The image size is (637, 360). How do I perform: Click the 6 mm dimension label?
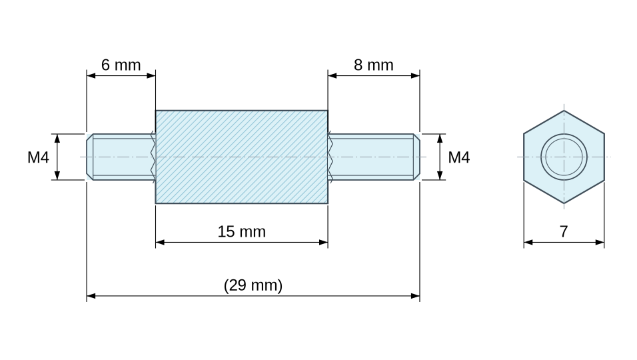pos(121,65)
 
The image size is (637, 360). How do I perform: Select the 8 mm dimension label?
pos(373,65)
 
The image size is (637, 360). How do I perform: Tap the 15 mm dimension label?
pos(242,231)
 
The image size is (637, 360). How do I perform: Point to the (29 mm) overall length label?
pos(253,285)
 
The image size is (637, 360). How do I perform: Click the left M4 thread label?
pos(38,157)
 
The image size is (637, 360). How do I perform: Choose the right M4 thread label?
pos(458,157)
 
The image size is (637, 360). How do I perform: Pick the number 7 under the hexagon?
pos(564,231)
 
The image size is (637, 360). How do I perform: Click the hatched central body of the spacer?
pos(242,157)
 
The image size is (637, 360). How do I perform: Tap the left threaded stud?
pos(121,157)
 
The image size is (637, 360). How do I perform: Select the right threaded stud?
pos(374,157)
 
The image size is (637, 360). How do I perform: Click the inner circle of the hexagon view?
pos(564,157)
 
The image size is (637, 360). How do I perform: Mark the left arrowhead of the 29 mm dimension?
pos(91,296)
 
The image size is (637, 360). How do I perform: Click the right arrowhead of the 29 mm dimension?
pos(415,296)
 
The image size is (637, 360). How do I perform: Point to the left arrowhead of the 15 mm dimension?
pos(160,242)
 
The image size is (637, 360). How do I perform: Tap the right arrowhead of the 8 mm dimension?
pos(415,75)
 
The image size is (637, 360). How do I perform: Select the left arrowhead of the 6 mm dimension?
pos(91,75)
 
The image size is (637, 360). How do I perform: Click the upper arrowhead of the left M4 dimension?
pos(57,139)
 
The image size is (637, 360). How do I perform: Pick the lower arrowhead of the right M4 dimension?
pos(440,175)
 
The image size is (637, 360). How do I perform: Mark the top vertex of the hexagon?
pos(564,111)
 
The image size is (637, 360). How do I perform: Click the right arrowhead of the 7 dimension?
pos(600,242)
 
